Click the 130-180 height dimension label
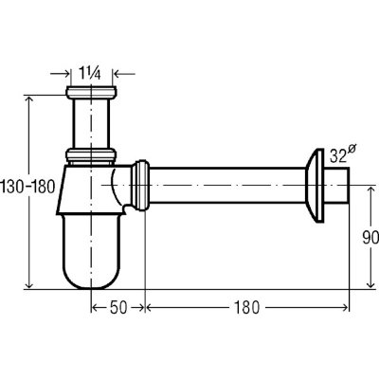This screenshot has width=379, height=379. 27,187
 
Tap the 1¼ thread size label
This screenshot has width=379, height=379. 90,74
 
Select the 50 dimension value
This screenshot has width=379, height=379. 118,307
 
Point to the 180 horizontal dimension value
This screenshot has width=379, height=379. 246,307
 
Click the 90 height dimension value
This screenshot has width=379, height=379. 370,238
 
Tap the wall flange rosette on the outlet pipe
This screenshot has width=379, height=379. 315,186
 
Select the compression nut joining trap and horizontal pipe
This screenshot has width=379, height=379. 140,185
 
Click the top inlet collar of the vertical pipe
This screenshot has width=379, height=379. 91,92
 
